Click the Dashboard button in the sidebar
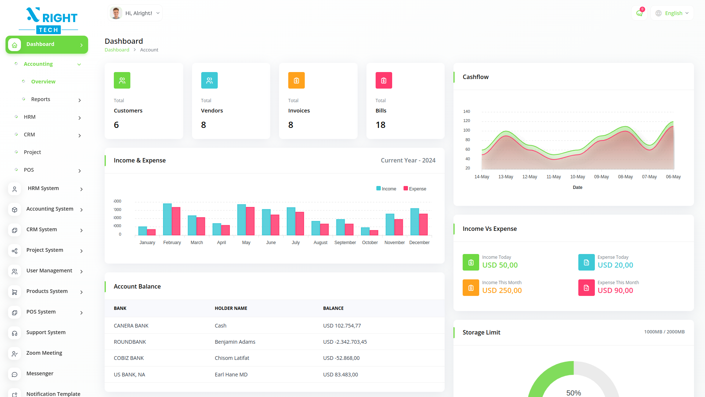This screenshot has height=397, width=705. (47, 44)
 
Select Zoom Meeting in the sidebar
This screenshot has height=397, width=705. (44, 353)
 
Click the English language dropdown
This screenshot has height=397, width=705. (672, 13)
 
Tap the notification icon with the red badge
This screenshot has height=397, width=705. (639, 13)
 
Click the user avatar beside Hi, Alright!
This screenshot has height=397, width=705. (116, 13)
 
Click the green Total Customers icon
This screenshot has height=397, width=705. (122, 81)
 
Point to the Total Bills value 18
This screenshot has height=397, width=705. (380, 125)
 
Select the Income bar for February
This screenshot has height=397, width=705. (167, 219)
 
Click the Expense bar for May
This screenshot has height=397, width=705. (250, 221)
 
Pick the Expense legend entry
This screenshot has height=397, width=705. (415, 189)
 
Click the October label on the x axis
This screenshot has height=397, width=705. (370, 243)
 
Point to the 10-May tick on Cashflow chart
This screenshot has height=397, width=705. (578, 177)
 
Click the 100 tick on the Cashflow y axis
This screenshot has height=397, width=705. (467, 130)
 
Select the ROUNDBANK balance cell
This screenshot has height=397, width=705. (345, 342)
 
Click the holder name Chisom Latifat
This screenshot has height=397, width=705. (232, 358)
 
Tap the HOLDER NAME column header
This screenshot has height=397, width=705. (231, 308)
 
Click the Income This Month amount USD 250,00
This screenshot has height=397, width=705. (502, 290)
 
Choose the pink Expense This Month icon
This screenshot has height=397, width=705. (586, 288)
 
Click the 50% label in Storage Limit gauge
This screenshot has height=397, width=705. (574, 393)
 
